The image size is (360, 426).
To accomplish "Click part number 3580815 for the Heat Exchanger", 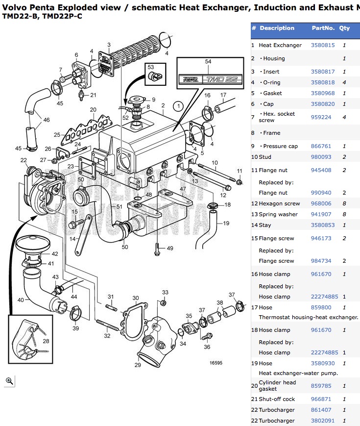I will pos(323,45).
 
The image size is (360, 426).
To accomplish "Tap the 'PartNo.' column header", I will pos(323,28).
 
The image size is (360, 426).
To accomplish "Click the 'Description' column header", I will pos(277,28).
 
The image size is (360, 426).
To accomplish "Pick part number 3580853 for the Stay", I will pos(323,225).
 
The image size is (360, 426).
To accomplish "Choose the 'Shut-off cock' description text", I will pos(277,399).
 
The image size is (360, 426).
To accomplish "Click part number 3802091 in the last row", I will pos(323,421).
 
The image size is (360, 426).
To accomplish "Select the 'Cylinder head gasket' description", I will pos(277,385).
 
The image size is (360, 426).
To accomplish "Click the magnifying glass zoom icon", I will pos(9,381).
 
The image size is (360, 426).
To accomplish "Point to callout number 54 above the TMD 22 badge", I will pos(208,62).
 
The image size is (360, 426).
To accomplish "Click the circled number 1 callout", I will pos(179,105).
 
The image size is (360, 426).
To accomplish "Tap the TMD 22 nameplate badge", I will pos(210,78).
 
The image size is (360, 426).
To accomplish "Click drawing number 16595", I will pos(216,363).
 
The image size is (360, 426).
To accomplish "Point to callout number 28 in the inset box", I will pos(46,341).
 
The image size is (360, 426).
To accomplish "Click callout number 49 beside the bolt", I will pos(169,249).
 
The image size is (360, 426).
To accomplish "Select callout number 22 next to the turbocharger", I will pos(24,160).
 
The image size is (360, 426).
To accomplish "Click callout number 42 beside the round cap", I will pos(55,254).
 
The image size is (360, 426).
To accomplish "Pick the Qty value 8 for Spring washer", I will pos(344,214).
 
